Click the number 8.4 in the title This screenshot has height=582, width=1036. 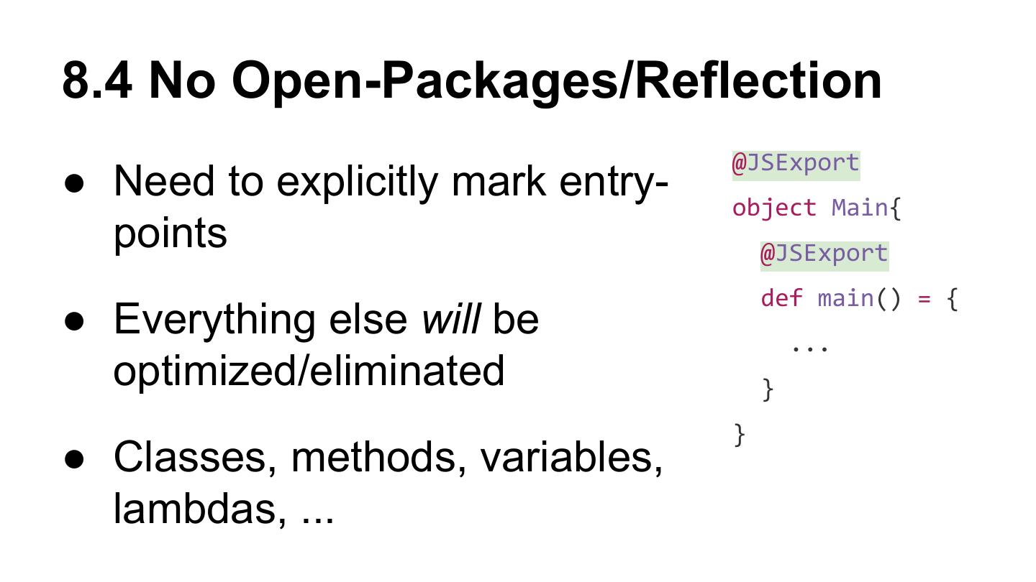point(96,80)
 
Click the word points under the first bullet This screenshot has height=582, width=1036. point(170,234)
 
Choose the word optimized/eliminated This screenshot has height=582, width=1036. point(309,371)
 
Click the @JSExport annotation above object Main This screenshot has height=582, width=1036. point(796,163)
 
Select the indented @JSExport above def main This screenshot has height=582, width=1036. point(824,254)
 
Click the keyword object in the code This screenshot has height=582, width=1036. point(774,208)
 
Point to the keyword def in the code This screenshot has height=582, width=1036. point(781,298)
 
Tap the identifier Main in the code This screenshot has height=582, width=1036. point(860,208)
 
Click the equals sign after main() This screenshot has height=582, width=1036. point(924,298)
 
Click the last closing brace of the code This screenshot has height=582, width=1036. point(739,435)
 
